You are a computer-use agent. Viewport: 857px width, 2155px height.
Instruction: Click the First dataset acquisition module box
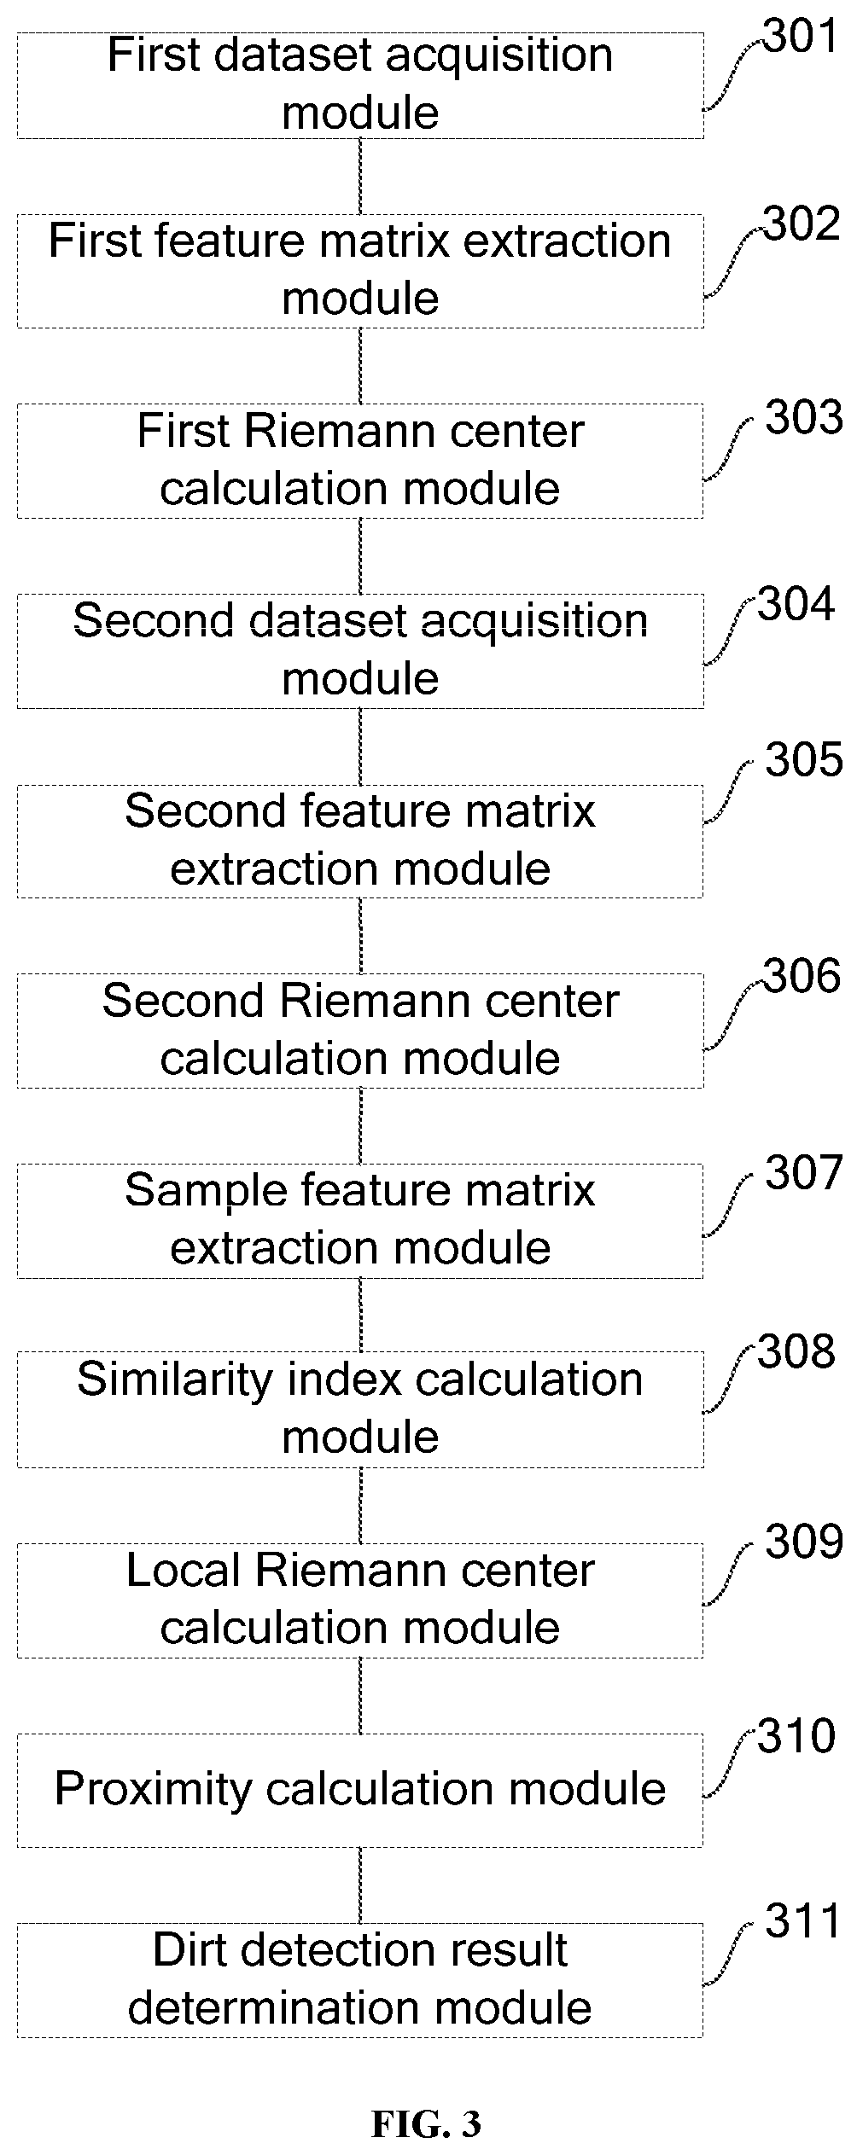360,85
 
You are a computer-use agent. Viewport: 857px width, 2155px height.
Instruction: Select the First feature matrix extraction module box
360,270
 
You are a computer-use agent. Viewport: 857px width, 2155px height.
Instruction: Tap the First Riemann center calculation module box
360,461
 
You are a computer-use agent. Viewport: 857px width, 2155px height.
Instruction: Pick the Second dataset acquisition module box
360,651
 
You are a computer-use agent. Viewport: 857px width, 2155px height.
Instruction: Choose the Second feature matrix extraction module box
360,841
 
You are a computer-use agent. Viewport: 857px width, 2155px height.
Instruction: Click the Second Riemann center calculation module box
360,1031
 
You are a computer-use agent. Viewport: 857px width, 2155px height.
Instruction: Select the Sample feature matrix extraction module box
360,1221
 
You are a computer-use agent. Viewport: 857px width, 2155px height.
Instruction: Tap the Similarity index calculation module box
360,1409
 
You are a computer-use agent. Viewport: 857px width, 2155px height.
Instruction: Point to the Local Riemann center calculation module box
360,1600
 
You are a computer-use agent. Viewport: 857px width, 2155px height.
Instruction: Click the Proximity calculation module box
360,1790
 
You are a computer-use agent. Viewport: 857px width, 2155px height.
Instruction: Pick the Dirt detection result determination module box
360,1980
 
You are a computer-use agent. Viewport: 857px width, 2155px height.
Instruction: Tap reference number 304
796,605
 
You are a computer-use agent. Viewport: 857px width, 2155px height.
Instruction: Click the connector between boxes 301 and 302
360,177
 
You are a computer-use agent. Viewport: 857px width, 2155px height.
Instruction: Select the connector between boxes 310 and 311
360,1885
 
